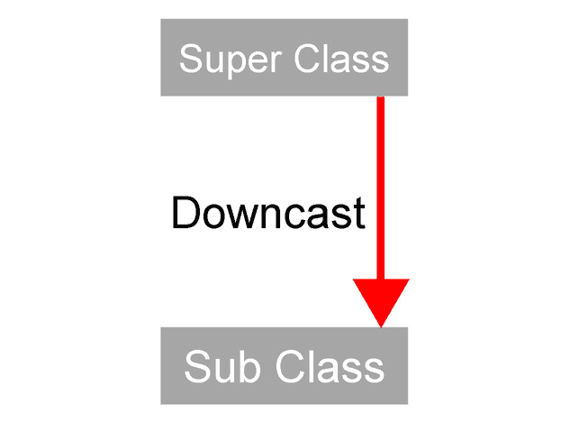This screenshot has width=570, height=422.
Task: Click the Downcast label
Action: pyautogui.click(x=267, y=214)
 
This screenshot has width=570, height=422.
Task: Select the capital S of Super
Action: pyautogui.click(x=191, y=60)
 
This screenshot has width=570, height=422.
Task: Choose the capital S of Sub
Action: pyautogui.click(x=195, y=367)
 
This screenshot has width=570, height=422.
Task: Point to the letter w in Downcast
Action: pyautogui.click(x=231, y=216)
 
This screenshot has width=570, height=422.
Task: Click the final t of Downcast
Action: pyautogui.click(x=359, y=215)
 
